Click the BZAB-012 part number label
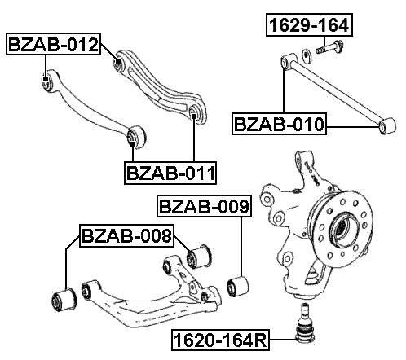coord(54,45)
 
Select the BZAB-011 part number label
coord(170,173)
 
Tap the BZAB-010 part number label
coord(280,124)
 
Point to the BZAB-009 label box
coord(203,207)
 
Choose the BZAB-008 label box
coord(126,236)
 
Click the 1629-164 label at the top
coord(310,25)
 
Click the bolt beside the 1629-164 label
coord(328,55)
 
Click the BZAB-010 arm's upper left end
coord(286,60)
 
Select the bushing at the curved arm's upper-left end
coord(47,80)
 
